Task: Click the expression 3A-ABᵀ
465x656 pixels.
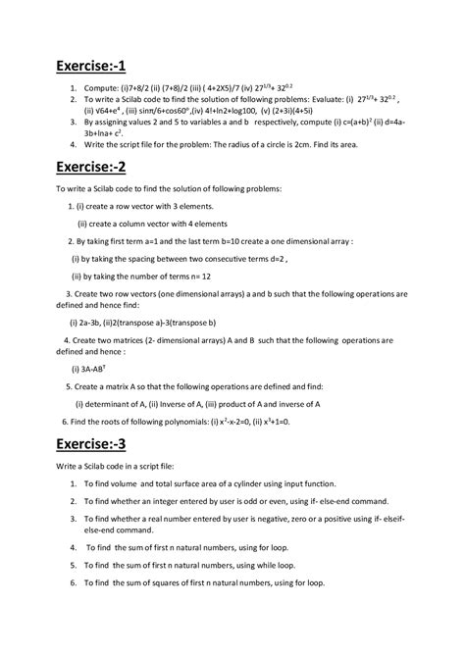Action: pyautogui.click(x=94, y=369)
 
